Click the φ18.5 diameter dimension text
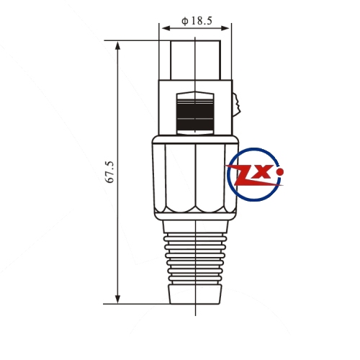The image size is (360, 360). click(197, 21)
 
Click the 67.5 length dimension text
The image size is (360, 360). click(110, 172)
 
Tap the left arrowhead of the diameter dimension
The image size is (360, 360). click(166, 28)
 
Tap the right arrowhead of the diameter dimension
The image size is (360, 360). click(225, 28)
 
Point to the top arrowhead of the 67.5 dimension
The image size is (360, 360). click(117, 45)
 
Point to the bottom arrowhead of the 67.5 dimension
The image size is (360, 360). click(117, 299)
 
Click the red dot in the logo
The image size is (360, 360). click(280, 172)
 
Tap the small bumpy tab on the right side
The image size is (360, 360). click(235, 105)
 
